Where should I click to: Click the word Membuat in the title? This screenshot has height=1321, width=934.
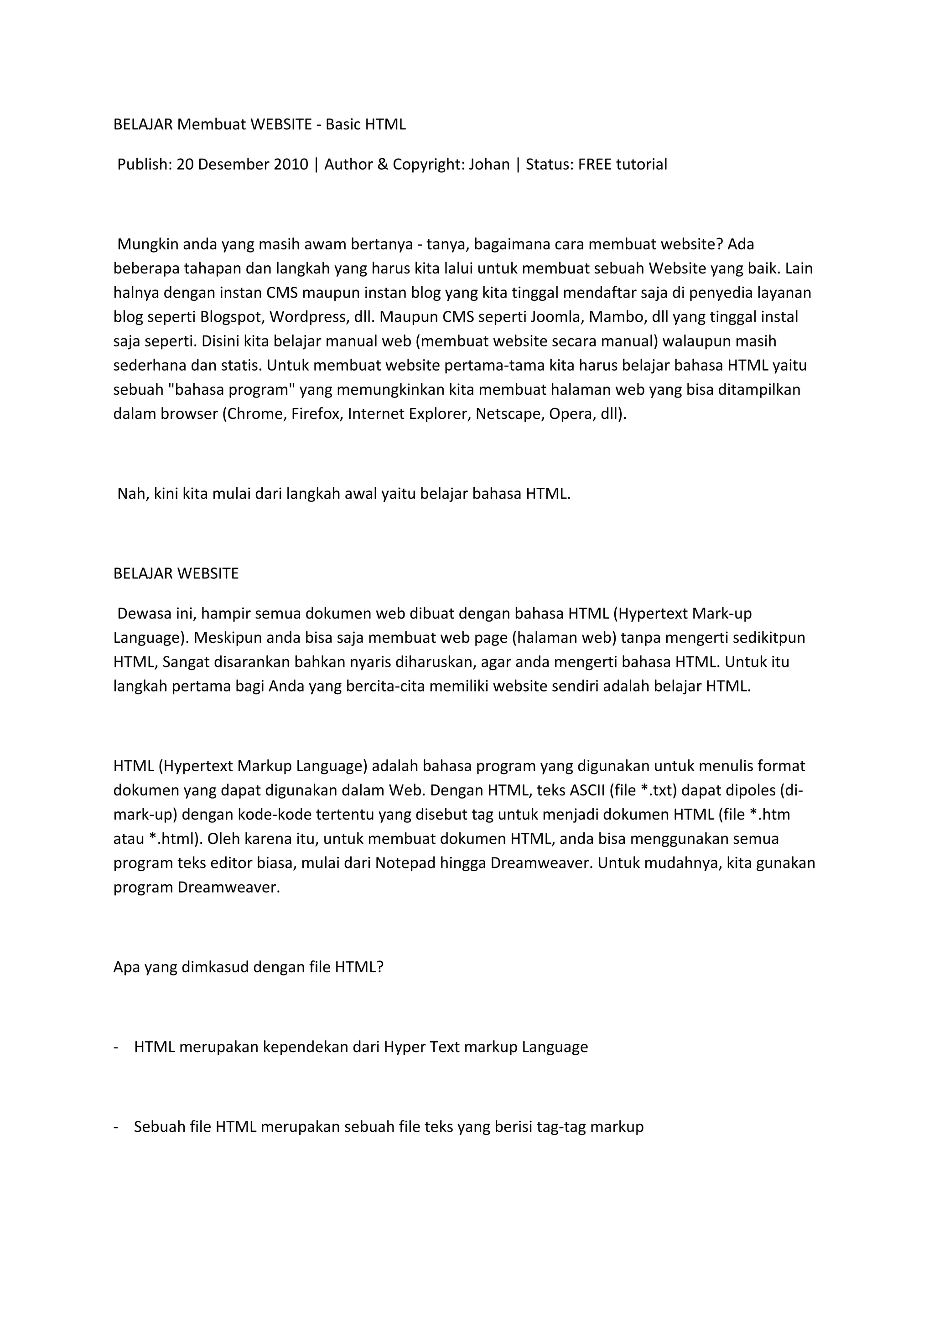coord(211,124)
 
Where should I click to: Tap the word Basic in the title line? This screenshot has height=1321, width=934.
coord(343,124)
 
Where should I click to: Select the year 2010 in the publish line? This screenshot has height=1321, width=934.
coord(291,165)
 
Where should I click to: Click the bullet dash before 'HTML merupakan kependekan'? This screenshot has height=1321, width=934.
coord(116,1047)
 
